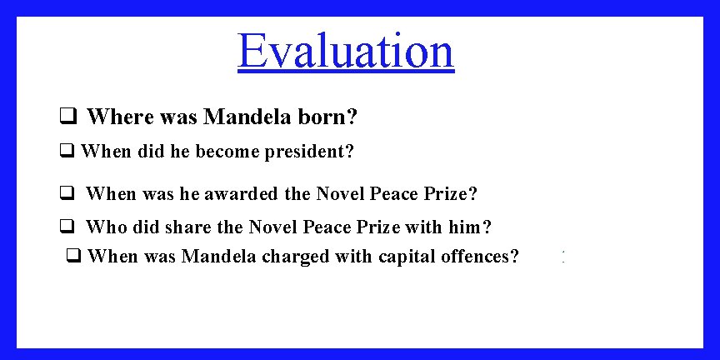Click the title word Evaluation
pyautogui.click(x=346, y=51)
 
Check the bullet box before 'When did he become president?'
pyautogui.click(x=67, y=152)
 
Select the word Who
pyautogui.click(x=103, y=227)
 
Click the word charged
pyautogui.click(x=296, y=257)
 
